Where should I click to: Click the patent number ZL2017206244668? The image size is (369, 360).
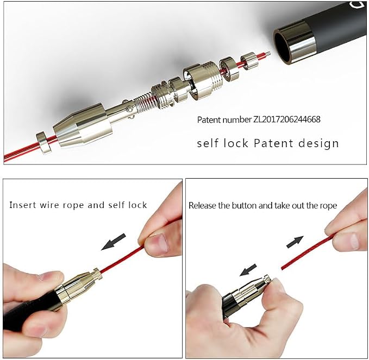pyautogui.click(x=286, y=119)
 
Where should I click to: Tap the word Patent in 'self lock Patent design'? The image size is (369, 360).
pyautogui.click(x=273, y=143)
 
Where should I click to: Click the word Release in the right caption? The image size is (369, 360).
pyautogui.click(x=202, y=205)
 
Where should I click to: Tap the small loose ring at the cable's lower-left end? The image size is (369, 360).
pyautogui.click(x=44, y=143)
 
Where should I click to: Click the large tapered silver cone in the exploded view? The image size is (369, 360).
pyautogui.click(x=81, y=127)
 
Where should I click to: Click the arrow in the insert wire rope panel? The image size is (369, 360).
pyautogui.click(x=114, y=242)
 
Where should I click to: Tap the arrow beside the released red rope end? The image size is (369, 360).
pyautogui.click(x=295, y=242)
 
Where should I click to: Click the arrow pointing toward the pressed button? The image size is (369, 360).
pyautogui.click(x=248, y=270)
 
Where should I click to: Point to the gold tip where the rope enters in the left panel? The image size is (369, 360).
pyautogui.click(x=98, y=274)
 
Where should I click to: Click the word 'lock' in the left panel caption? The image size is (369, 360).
pyautogui.click(x=137, y=205)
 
